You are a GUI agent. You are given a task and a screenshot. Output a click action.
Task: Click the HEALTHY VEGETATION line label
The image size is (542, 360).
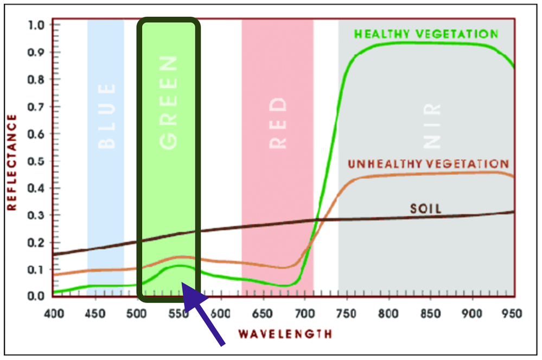coord(426,34)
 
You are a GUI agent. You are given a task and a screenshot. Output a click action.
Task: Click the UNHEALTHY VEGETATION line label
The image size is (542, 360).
coord(428,163)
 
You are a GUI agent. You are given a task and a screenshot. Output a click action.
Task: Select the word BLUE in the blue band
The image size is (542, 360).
coord(106,116)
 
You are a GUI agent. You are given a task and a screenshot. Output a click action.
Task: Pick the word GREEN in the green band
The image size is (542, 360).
coord(169,103)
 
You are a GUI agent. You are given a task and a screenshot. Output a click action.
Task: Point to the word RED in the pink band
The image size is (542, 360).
coord(277,123)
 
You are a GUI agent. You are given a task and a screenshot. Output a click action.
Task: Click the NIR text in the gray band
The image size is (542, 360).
coord(432,124)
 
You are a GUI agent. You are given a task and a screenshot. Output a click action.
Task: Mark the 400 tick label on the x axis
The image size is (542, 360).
coord(54,313)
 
